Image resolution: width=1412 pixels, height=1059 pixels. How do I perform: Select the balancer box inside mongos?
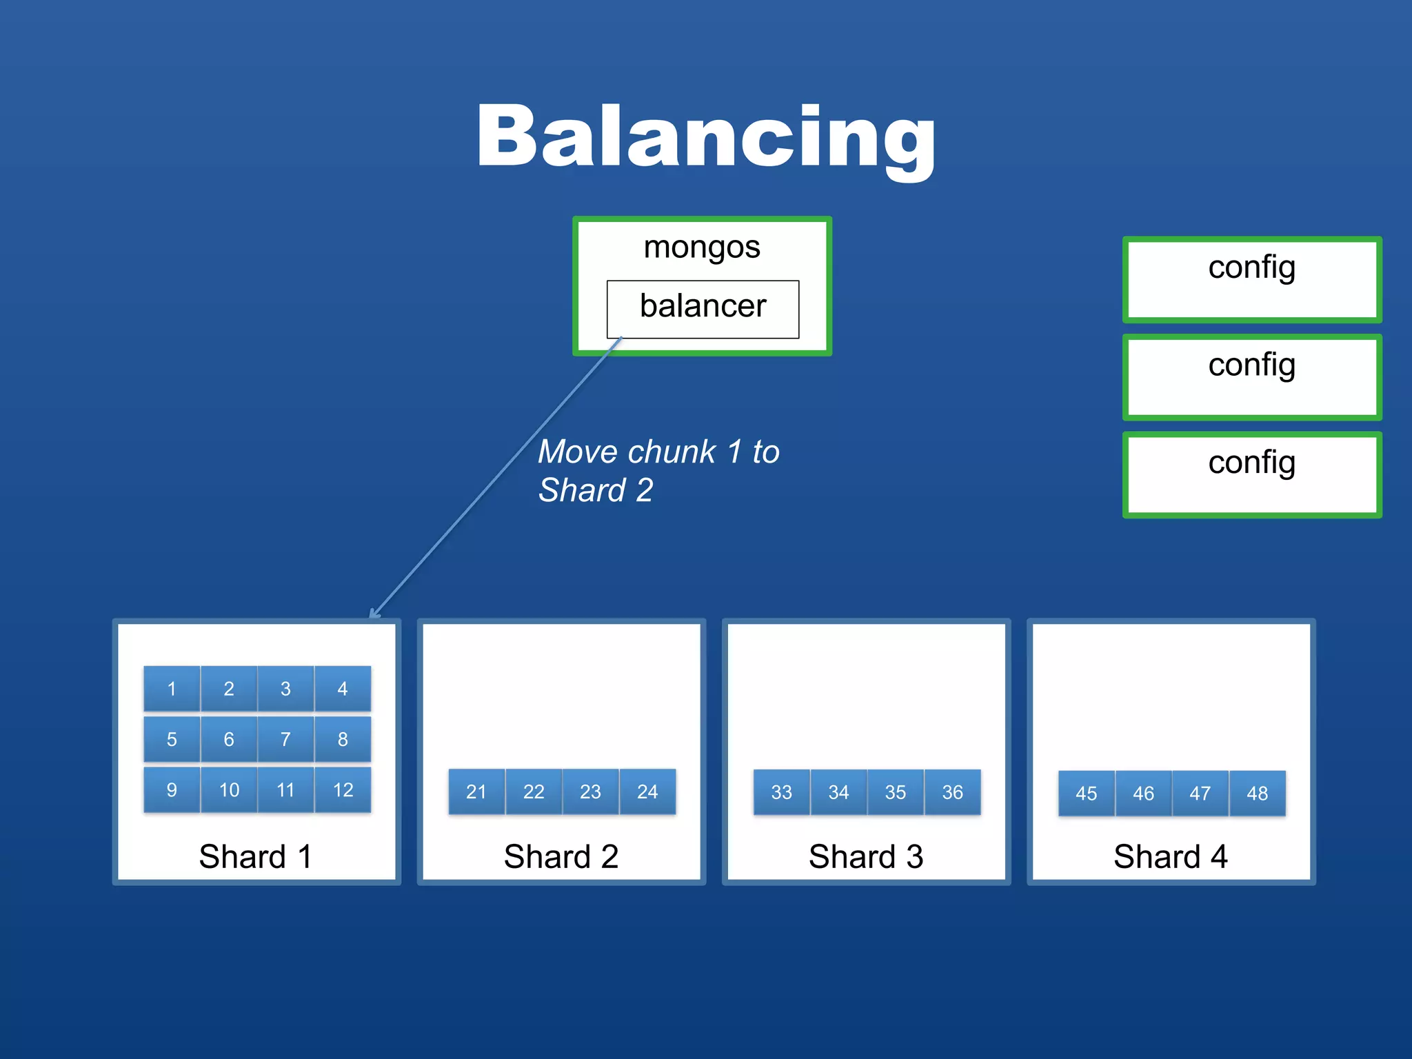coord(703,307)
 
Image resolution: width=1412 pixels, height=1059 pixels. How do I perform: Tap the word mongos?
coord(701,247)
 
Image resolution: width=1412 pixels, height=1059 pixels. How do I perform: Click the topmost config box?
coord(1251,280)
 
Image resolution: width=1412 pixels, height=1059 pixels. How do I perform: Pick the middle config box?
coord(1251,377)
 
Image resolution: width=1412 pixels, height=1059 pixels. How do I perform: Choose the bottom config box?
coord(1251,475)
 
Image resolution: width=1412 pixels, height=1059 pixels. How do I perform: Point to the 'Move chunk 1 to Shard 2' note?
coord(658,471)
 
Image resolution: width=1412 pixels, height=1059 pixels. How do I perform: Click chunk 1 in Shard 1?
coord(172,688)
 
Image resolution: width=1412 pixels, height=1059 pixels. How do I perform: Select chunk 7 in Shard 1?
coord(285,739)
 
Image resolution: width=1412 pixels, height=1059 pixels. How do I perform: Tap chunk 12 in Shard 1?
coord(343,790)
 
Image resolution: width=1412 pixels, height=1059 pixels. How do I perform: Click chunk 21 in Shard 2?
coord(476,791)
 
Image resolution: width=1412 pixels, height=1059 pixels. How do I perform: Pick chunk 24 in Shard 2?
coord(647,791)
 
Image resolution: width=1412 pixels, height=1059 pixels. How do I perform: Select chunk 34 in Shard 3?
coord(838,792)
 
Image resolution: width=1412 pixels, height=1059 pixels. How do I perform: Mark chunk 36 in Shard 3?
coord(952,792)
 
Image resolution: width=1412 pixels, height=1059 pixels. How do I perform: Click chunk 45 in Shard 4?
coord(1086,794)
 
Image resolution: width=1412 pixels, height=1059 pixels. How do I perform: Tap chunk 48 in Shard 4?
coord(1257,794)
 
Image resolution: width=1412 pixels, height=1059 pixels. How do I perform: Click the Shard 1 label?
coord(256,857)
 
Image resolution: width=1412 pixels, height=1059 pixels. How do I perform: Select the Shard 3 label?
coord(866,857)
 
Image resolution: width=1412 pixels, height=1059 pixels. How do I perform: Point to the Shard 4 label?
coord(1171,857)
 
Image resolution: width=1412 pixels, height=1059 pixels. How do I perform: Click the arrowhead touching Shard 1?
coord(374,614)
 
